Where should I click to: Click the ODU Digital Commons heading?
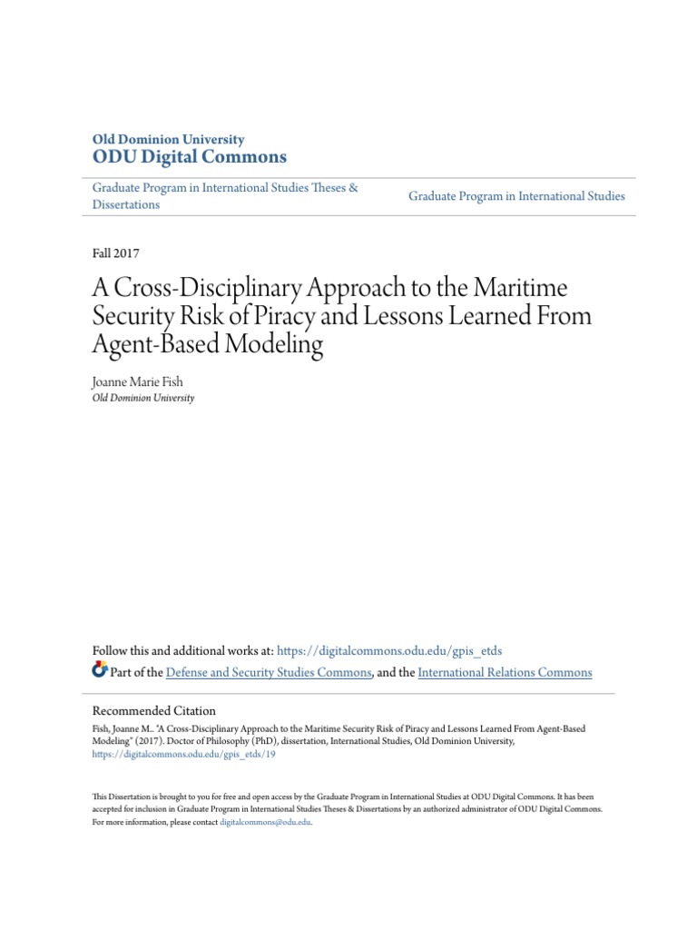[190, 157]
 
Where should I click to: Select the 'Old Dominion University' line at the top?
[169, 140]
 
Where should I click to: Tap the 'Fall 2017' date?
[116, 253]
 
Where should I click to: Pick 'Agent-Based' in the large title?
[156, 345]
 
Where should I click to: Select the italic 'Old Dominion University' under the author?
[143, 398]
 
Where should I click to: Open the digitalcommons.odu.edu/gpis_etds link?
[388, 651]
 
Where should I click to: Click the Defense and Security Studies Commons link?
[269, 673]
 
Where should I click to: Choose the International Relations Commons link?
[505, 673]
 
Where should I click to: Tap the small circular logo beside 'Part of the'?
[100, 671]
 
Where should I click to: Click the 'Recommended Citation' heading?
[154, 710]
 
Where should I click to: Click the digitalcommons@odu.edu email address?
[265, 821]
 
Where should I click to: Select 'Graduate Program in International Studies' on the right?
[516, 196]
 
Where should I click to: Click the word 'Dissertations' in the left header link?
[126, 205]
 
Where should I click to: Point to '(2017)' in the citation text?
[154, 741]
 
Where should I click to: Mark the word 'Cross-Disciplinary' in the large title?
[201, 288]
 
